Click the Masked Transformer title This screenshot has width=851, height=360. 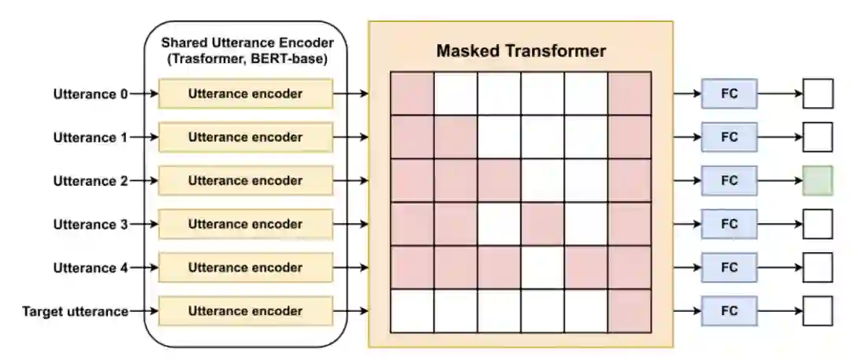[x=521, y=52]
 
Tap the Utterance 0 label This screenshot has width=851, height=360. [x=90, y=95]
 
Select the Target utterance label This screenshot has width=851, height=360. [x=76, y=311]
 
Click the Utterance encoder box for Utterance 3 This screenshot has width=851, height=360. [x=245, y=225]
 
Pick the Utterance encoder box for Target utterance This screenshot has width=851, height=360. [x=245, y=311]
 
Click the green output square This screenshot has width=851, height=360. [x=817, y=180]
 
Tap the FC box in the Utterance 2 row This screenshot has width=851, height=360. [x=729, y=180]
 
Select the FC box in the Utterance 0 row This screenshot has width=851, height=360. [x=729, y=94]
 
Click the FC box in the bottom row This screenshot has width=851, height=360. [x=729, y=311]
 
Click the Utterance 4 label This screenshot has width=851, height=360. [x=90, y=268]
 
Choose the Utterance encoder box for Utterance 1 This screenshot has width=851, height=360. [x=245, y=137]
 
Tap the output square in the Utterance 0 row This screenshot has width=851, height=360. [x=817, y=94]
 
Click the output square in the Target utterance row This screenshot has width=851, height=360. [x=817, y=311]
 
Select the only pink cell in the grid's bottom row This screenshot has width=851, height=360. [x=630, y=311]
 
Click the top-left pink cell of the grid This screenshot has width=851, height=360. [x=412, y=94]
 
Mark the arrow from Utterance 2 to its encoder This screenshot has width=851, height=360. [x=143, y=180]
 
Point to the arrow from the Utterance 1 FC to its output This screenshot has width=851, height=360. [x=779, y=137]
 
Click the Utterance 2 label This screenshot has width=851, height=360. [x=90, y=181]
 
